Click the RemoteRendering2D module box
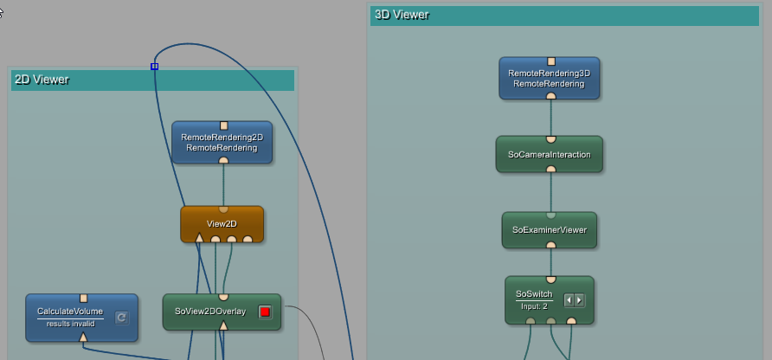tap(222, 142)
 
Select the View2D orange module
tap(222, 222)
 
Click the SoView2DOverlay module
tap(210, 311)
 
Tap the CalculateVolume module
tap(70, 311)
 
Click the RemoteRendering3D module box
tap(550, 79)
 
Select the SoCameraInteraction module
tap(550, 154)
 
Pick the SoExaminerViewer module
tap(550, 229)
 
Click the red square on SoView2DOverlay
tap(265, 312)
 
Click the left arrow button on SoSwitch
tap(569, 300)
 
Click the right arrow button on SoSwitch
tap(579, 300)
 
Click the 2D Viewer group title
tap(42, 80)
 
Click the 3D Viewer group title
tap(402, 15)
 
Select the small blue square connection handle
tap(154, 67)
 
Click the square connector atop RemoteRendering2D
tap(223, 125)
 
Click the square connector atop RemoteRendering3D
tap(550, 61)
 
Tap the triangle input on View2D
tap(199, 237)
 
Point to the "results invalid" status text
tap(70, 324)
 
